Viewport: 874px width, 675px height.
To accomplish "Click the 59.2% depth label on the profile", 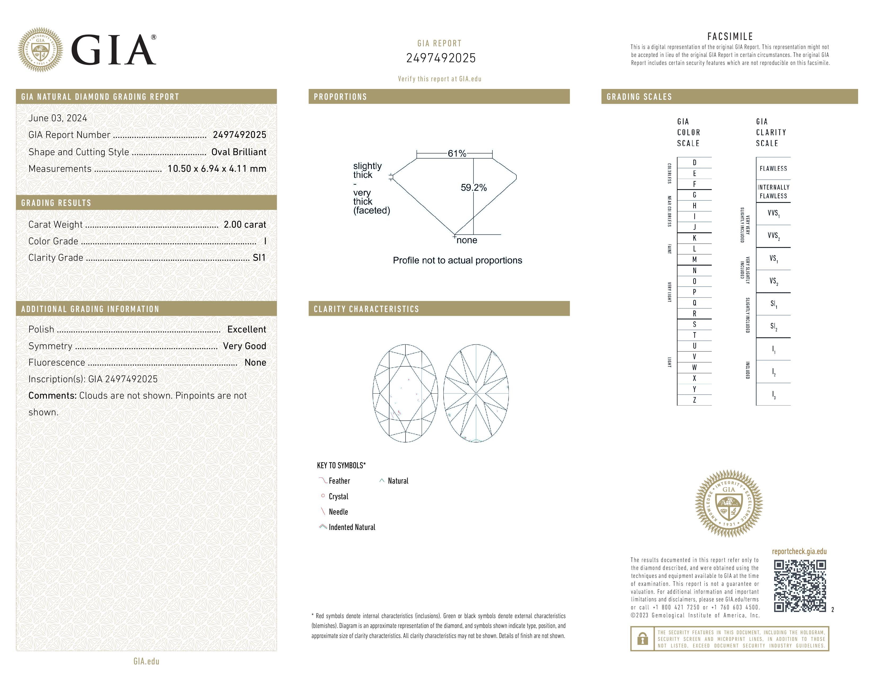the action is pyautogui.click(x=474, y=188).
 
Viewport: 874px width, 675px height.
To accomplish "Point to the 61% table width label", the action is pyautogui.click(x=457, y=153).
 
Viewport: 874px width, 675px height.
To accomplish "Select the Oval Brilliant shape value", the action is pyautogui.click(x=239, y=152).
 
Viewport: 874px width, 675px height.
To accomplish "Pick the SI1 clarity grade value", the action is pyautogui.click(x=259, y=258).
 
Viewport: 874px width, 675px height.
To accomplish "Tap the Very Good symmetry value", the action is pyautogui.click(x=244, y=346).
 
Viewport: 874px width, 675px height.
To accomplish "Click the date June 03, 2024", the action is pyautogui.click(x=58, y=118).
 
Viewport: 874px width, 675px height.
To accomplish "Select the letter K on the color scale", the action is pyautogui.click(x=694, y=238).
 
